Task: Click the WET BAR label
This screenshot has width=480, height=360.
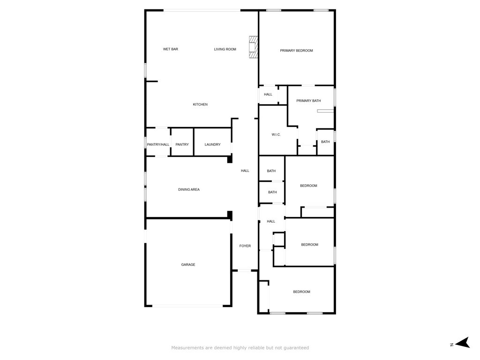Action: [171, 49]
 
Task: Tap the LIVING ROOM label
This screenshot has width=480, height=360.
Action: [225, 49]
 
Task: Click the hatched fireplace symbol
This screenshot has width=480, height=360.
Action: [253, 47]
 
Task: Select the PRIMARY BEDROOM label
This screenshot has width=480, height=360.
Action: [296, 51]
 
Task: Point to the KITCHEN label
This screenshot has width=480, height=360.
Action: [200, 105]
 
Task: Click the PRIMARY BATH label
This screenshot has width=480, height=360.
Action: [308, 100]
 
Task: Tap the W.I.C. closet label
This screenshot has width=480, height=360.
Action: [276, 135]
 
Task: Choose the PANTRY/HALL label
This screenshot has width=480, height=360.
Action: [158, 144]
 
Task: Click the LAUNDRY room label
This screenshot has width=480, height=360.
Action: [212, 144]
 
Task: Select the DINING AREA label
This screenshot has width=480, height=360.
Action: [189, 189]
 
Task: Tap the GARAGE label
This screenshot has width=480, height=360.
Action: [188, 264]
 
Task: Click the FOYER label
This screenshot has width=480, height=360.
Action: [245, 246]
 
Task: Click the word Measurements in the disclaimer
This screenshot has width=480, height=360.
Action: [187, 348]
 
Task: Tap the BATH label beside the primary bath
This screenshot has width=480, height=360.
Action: [325, 142]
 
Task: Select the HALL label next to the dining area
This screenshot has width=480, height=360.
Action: [245, 171]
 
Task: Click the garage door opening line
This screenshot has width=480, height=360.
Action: [187, 306]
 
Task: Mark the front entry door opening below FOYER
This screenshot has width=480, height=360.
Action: [245, 270]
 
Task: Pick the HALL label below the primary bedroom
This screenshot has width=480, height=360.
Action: [268, 94]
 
